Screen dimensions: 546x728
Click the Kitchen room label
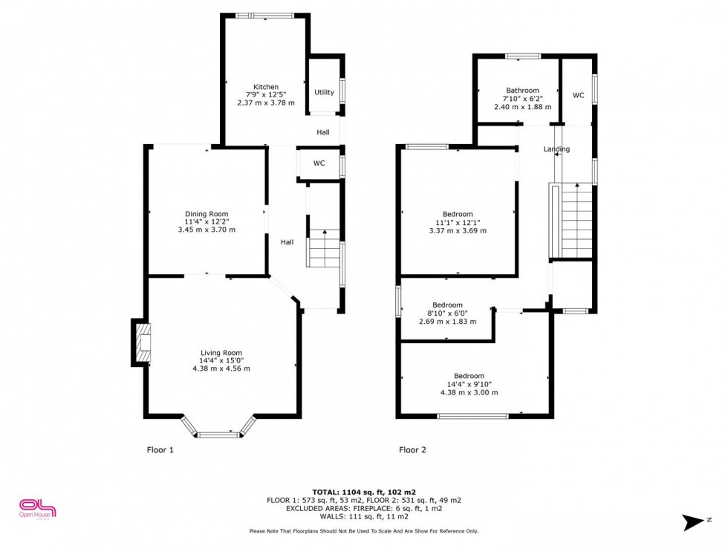(265, 87)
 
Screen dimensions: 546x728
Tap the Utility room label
(324, 93)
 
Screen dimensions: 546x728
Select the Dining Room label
(207, 214)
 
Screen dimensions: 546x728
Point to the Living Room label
(221, 353)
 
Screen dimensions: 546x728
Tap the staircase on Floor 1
(324, 248)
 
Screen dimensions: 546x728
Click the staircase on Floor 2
(576, 221)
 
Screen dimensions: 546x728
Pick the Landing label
(556, 149)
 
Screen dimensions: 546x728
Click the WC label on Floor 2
(578, 96)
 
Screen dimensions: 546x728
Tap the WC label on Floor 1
(319, 163)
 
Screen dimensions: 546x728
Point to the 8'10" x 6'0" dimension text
(447, 313)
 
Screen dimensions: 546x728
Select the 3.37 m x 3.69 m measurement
(458, 230)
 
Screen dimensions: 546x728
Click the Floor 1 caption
(160, 449)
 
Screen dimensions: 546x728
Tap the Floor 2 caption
(412, 449)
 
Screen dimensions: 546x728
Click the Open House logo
(37, 509)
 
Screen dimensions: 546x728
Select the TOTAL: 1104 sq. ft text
(364, 492)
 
